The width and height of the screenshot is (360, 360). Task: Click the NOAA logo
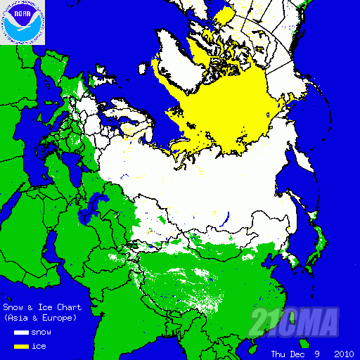point(23,22)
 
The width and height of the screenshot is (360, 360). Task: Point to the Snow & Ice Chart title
point(42,307)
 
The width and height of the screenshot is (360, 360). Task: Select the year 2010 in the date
point(344,354)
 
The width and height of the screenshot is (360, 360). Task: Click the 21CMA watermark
point(295,322)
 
